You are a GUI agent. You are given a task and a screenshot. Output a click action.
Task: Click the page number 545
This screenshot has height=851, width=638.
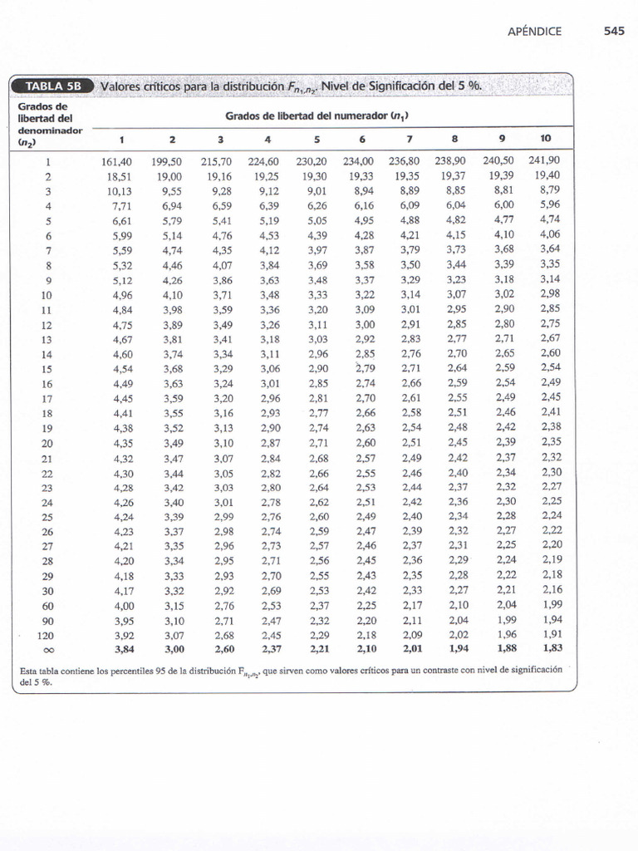[614, 32]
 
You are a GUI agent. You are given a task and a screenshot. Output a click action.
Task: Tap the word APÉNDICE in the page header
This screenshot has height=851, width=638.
[534, 32]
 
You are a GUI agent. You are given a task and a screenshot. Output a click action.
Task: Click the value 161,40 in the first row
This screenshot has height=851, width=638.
[116, 161]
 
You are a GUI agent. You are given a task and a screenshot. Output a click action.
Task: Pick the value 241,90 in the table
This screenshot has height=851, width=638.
[544, 160]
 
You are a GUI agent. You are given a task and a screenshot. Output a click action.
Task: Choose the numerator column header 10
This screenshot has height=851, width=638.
[545, 138]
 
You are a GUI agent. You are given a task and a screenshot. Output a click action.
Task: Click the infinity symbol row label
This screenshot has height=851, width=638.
[47, 649]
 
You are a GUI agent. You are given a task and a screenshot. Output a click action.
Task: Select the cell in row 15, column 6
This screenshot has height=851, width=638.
[366, 367]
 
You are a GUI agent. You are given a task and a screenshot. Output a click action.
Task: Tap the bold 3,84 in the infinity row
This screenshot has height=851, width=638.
[121, 649]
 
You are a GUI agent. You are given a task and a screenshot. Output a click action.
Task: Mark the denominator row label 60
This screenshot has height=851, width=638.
[46, 606]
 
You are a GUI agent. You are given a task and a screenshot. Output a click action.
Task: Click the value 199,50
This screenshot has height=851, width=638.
[167, 161]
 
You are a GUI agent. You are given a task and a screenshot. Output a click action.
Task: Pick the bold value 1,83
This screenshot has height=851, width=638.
[551, 649]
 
